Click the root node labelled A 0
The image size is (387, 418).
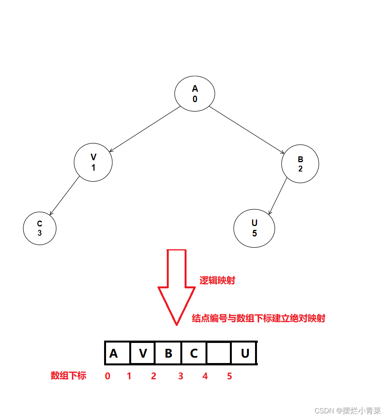point(195,94)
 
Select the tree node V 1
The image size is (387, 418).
point(93,163)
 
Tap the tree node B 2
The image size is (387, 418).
point(300,164)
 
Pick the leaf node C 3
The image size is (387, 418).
point(39,228)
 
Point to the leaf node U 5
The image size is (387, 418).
point(254,228)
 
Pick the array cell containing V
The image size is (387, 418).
point(143,353)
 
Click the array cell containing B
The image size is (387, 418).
point(168,353)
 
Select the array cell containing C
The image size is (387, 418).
point(194,353)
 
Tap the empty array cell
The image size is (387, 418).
point(219,353)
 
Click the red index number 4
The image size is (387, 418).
point(205,376)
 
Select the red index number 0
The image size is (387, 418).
point(108,376)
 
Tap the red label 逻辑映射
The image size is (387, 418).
point(217,281)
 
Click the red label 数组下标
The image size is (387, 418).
point(68,375)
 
